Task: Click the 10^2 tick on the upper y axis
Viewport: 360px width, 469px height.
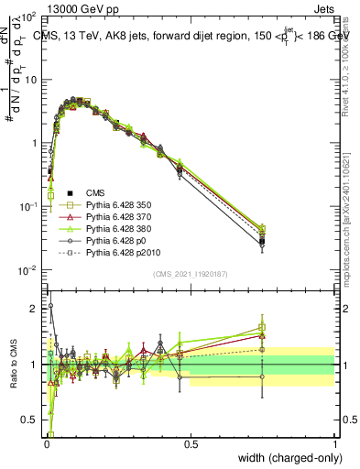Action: [27, 17]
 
